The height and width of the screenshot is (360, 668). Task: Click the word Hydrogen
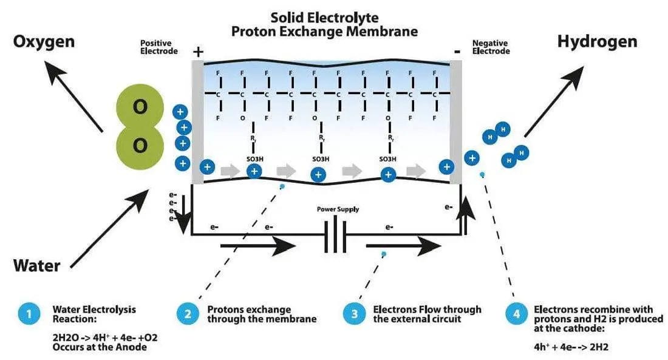[x=597, y=41]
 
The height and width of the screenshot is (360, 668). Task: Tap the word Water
[x=37, y=266]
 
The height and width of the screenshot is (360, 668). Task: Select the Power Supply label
[x=338, y=209]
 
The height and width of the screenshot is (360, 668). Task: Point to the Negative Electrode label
[x=491, y=47]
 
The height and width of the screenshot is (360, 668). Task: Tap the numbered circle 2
[x=187, y=314]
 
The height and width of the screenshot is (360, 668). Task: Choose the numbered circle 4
[x=516, y=314]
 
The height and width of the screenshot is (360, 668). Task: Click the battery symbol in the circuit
[x=335, y=236]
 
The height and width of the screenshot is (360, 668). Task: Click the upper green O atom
[x=140, y=108]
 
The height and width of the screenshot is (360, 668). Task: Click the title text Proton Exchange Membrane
[x=325, y=31]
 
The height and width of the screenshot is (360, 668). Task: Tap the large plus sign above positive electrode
[x=197, y=52]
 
